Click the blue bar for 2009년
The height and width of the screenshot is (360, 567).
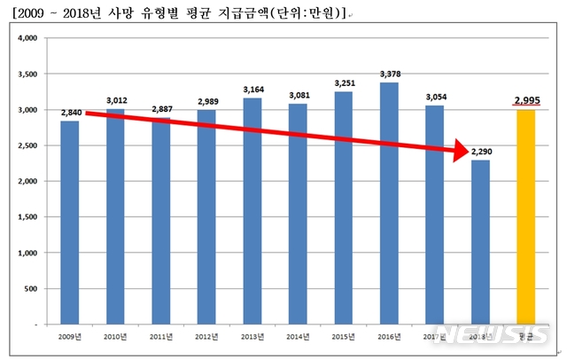pyautogui.click(x=69, y=222)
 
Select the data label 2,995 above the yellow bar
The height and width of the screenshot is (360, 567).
pyautogui.click(x=527, y=99)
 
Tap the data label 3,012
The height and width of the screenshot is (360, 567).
pyautogui.click(x=116, y=100)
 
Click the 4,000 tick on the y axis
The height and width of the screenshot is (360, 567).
pyautogui.click(x=27, y=38)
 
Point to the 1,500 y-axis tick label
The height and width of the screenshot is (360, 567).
pyautogui.click(x=27, y=217)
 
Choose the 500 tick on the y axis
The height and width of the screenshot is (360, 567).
pyautogui.click(x=30, y=289)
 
